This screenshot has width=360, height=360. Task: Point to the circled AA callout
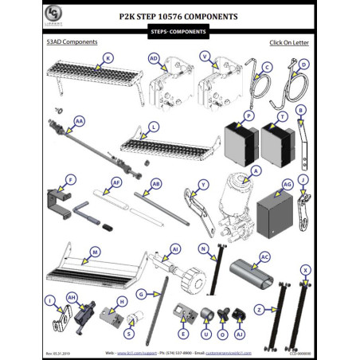point(78,121)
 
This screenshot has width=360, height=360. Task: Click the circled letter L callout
point(154,127)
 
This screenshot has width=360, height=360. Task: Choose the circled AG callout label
point(288,183)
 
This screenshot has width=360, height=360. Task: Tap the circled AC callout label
point(264,257)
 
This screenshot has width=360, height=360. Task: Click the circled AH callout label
point(71,296)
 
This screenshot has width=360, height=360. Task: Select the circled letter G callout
point(140,294)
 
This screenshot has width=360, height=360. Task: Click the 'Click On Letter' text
point(289,42)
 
